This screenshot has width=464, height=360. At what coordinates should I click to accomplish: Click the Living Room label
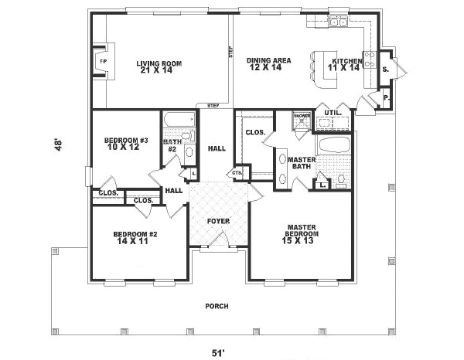click(x=159, y=63)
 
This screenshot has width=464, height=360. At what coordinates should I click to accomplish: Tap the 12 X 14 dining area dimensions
click(x=264, y=68)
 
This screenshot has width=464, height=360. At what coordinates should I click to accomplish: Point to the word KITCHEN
click(x=346, y=60)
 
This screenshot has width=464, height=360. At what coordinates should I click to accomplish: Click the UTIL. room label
click(x=333, y=112)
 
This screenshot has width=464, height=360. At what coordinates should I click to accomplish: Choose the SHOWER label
click(x=302, y=116)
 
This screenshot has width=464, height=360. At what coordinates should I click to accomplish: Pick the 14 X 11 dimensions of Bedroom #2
click(x=130, y=242)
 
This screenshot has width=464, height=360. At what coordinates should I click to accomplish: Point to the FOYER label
click(x=218, y=222)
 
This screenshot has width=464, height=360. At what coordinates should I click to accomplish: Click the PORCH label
click(x=217, y=306)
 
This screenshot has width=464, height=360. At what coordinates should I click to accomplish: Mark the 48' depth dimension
click(x=57, y=145)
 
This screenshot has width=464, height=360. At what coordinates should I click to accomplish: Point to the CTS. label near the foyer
click(x=237, y=172)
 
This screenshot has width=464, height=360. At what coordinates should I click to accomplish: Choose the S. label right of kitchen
click(x=385, y=70)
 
